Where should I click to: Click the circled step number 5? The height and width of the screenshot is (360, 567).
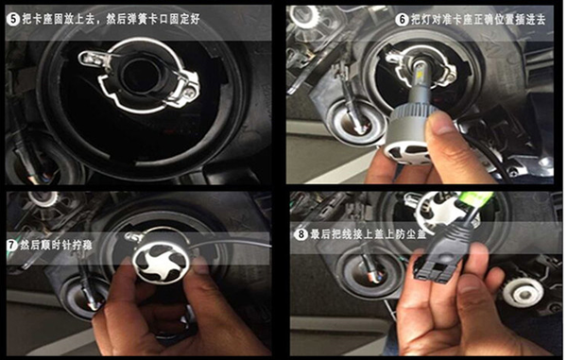(13, 19)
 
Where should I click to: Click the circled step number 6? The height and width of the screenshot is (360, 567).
(402, 19)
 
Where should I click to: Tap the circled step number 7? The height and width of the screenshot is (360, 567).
(12, 245)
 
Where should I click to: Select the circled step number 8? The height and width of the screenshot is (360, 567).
(301, 234)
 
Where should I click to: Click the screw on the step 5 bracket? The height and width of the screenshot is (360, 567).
(190, 93)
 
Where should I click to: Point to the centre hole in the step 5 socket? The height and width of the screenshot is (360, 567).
(139, 77)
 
